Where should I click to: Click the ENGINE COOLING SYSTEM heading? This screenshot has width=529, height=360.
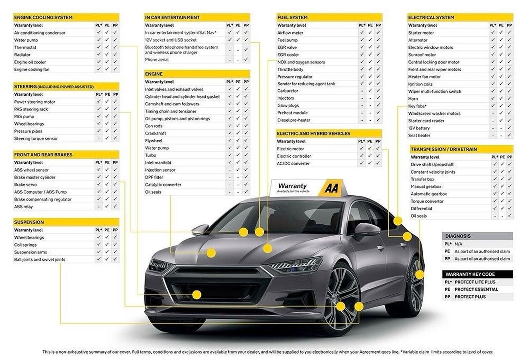(43, 17)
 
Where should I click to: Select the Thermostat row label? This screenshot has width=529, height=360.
(25, 47)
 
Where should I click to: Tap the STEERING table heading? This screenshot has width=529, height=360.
(54, 86)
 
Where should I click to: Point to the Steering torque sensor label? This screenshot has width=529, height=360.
(36, 139)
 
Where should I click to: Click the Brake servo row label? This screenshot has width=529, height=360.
(25, 185)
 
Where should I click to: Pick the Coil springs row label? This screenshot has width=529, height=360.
(25, 245)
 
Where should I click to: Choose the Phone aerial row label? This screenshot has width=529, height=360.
(157, 60)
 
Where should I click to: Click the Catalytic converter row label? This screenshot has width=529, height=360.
(163, 185)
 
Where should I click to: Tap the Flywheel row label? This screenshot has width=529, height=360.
(153, 140)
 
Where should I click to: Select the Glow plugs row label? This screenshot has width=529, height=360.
(288, 106)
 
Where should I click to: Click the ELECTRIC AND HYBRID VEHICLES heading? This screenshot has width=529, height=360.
(313, 133)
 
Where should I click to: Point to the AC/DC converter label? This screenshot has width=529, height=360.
(293, 163)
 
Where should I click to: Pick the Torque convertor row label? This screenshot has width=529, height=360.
(427, 201)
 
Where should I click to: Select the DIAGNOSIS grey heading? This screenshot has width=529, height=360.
(458, 236)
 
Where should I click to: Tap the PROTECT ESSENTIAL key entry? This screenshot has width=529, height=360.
(476, 289)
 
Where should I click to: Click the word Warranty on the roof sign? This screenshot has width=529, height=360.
(292, 186)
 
